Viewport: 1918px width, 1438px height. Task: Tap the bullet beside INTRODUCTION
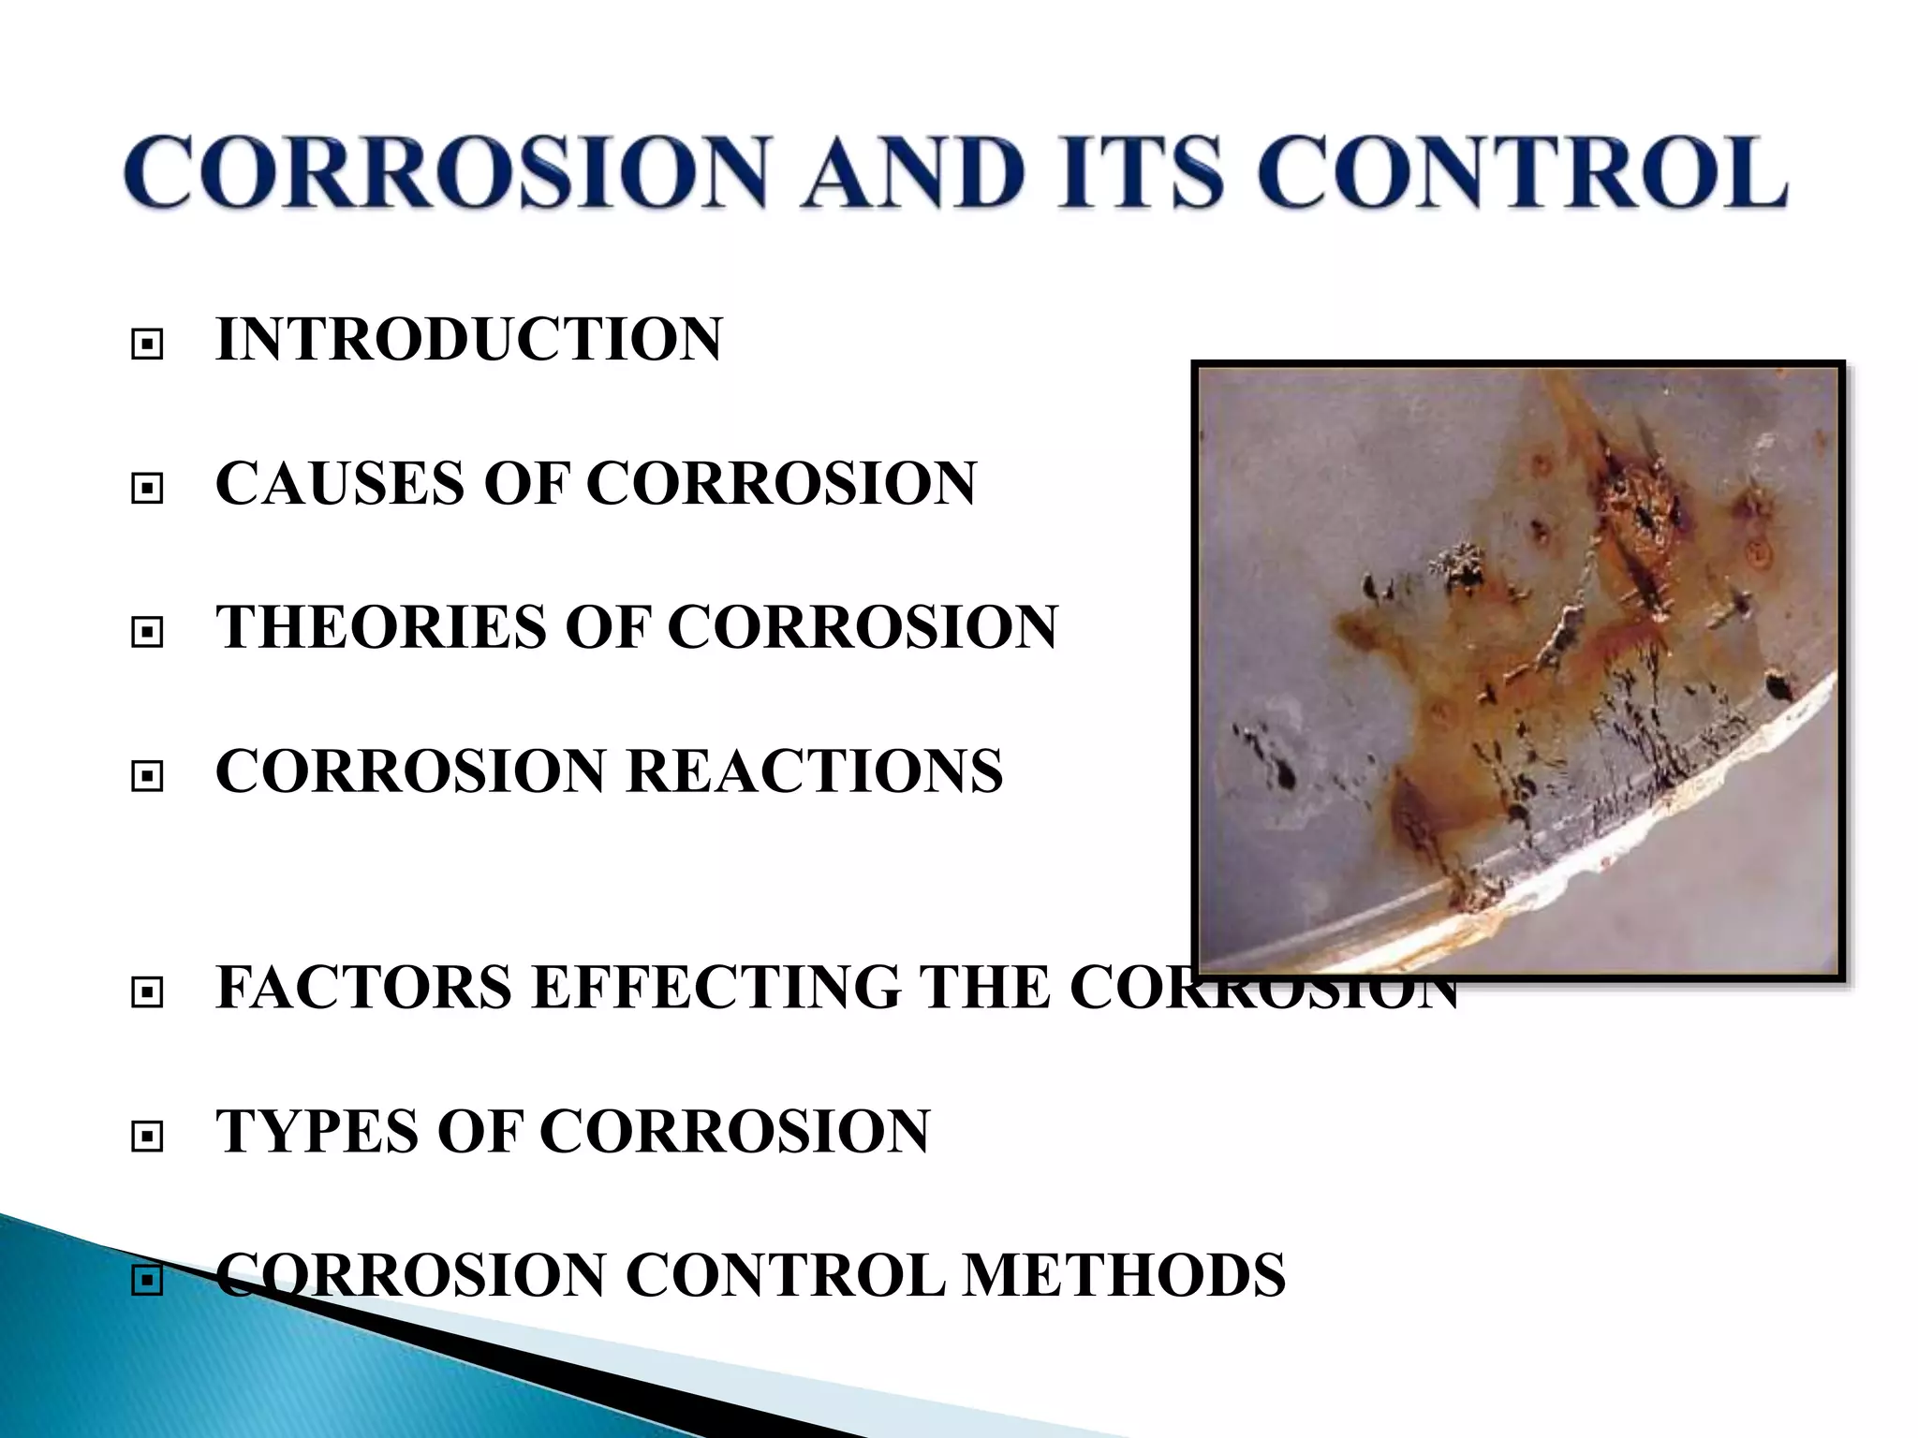pos(147,345)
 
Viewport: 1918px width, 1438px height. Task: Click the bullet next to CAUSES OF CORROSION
pos(147,488)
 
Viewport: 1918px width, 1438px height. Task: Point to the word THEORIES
pos(380,627)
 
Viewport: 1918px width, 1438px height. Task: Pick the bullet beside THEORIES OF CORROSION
pos(147,633)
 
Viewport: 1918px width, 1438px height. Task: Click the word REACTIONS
pos(815,771)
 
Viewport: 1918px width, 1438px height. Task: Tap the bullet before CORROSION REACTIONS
pos(147,776)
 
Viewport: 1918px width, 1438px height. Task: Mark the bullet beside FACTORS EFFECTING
pos(147,992)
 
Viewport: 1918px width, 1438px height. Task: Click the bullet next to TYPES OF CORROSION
pos(147,1137)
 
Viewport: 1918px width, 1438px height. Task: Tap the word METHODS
pos(1125,1275)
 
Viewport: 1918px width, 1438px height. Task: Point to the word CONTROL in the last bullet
pos(785,1275)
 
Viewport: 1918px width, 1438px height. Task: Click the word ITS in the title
pos(1140,173)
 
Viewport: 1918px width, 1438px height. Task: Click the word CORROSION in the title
pos(446,173)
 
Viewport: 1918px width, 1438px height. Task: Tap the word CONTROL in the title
pos(1521,173)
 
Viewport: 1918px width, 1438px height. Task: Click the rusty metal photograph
pos(1518,670)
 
